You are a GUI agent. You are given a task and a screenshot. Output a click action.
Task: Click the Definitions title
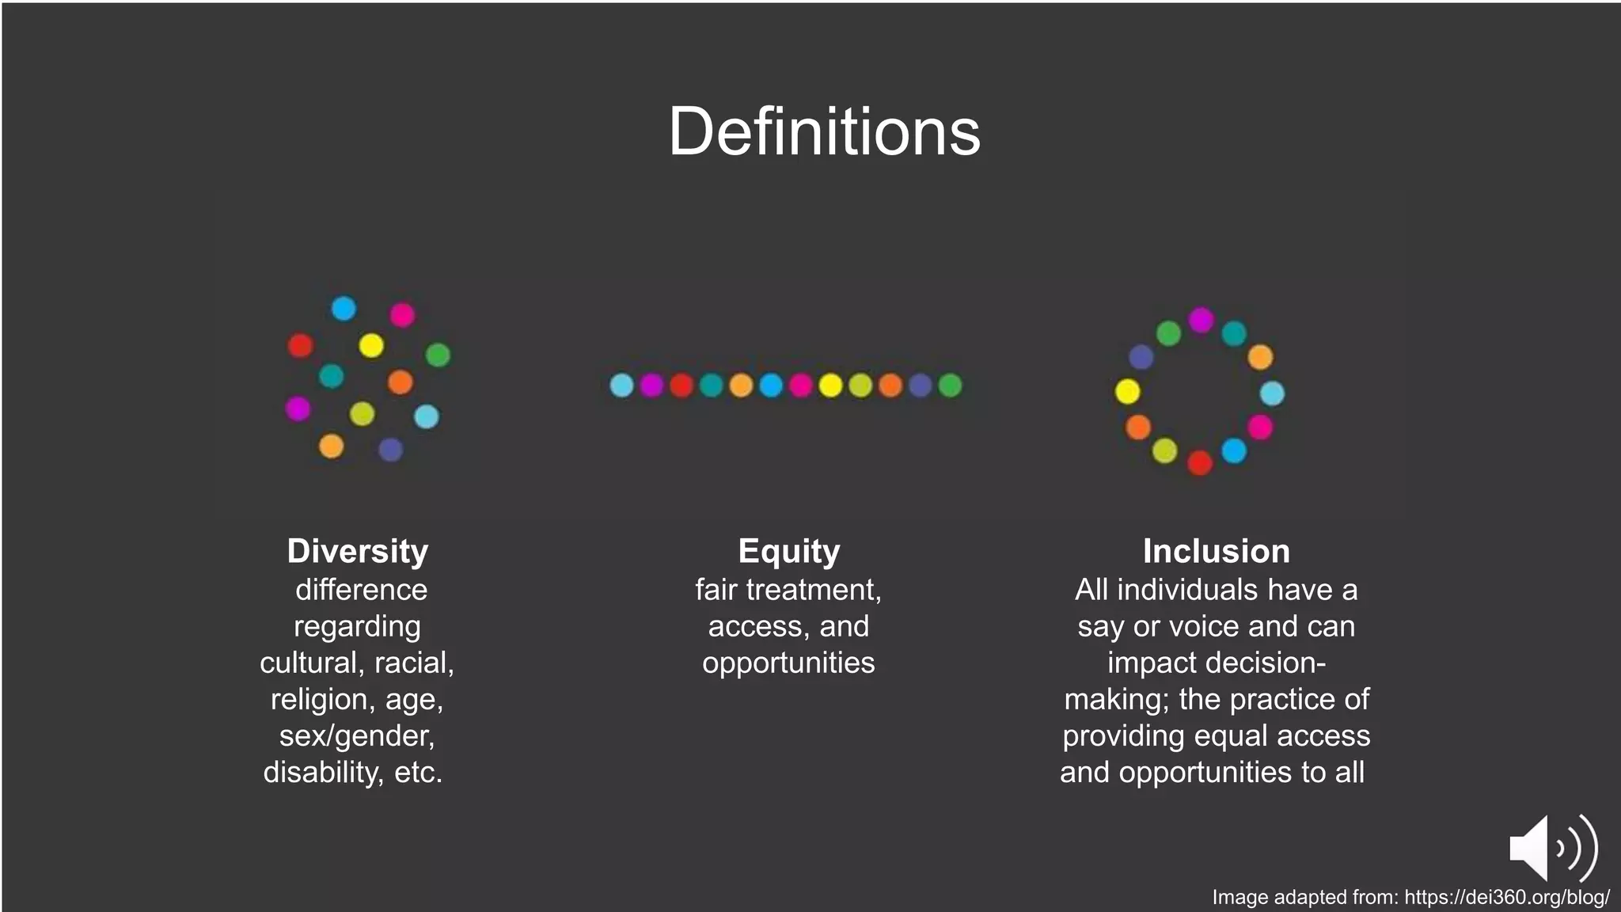(824, 131)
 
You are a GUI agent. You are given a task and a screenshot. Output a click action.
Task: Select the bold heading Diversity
(357, 551)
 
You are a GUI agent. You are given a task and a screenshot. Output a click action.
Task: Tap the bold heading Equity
(788, 551)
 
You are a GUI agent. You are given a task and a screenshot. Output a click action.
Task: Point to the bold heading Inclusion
(1216, 551)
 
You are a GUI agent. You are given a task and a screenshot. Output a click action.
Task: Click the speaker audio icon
(1552, 848)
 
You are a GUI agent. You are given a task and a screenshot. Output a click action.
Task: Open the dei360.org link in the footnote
(1506, 897)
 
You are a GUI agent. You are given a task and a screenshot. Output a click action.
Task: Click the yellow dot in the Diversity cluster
(371, 345)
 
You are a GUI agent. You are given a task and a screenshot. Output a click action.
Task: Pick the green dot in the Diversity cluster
(438, 355)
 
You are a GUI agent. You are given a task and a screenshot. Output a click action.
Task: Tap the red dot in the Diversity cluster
(300, 345)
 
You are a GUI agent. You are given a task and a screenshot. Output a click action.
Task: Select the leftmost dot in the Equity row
(621, 386)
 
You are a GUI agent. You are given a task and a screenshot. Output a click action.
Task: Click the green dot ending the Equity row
(950, 386)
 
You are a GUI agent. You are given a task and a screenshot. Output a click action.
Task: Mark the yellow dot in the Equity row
(830, 386)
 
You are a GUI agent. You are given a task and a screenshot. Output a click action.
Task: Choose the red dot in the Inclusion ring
(1200, 462)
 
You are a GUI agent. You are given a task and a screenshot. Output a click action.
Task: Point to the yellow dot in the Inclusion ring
(1127, 391)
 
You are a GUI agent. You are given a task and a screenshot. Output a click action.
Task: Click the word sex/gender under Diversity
(356, 736)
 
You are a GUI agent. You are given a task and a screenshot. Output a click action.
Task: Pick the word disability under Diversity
(323, 773)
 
